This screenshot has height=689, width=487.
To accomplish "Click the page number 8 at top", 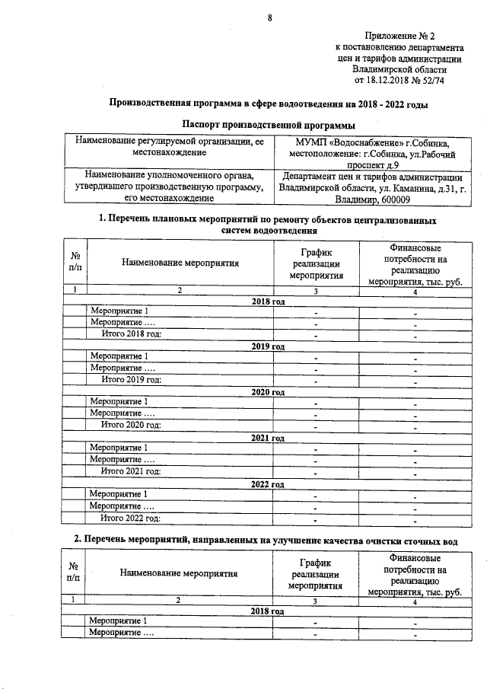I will click(269, 19).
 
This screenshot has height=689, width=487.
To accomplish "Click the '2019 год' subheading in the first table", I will click(268, 346).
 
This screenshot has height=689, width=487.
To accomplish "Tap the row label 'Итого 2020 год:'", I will click(132, 425).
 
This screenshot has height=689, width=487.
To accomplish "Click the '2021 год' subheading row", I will click(268, 438).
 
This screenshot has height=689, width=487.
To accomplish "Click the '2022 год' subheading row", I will click(268, 484).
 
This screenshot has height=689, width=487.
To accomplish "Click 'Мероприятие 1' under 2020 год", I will click(119, 401).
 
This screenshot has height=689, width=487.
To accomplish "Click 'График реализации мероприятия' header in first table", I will click(316, 263).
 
